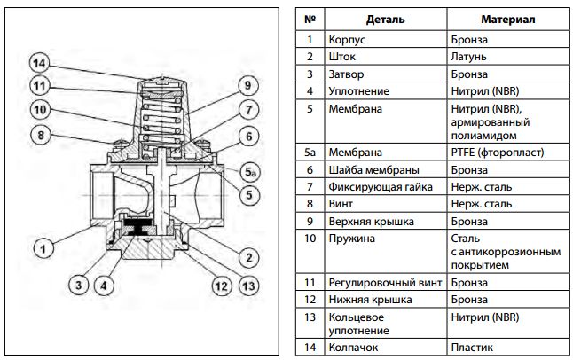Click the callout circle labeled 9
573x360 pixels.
point(247,86)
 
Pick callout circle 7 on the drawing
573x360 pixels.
point(247,110)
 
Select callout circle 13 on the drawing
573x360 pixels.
point(247,286)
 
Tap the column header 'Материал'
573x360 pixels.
point(506,19)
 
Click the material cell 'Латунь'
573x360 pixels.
point(468,57)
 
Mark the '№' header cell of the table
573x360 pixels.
point(309,19)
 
